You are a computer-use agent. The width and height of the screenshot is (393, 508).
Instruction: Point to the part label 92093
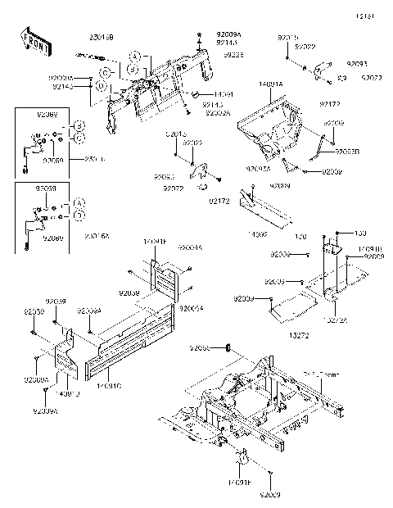tap(357, 63)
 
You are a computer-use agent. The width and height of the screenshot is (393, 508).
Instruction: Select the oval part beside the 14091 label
tap(196, 94)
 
